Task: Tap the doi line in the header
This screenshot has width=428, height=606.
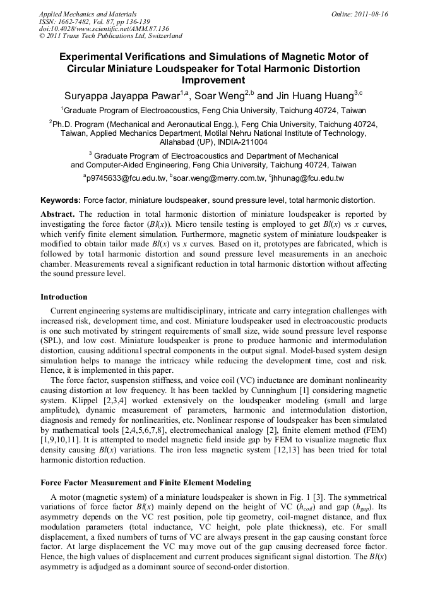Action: (104, 29)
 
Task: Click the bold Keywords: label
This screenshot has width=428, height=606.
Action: (61, 200)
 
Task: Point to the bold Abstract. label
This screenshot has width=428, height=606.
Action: (58, 214)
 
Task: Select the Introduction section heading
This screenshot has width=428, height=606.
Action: (64, 297)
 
